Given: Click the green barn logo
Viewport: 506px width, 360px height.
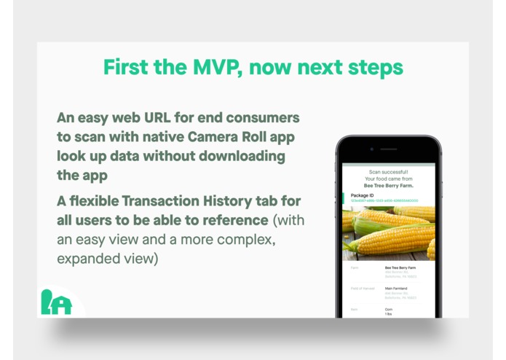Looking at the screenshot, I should [x=56, y=302].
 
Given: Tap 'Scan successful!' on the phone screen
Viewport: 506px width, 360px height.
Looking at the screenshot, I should [x=389, y=172].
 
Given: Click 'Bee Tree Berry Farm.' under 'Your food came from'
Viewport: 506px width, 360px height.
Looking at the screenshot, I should [x=389, y=185].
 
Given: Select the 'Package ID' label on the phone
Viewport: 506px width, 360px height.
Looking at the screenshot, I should [x=362, y=195].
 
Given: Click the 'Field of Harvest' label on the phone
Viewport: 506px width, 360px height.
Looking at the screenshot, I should [x=362, y=289].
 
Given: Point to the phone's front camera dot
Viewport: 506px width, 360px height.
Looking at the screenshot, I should [x=371, y=149].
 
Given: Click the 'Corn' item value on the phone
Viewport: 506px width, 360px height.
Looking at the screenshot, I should [x=389, y=309].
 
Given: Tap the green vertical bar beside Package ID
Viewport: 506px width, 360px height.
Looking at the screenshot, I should [x=343, y=197].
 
